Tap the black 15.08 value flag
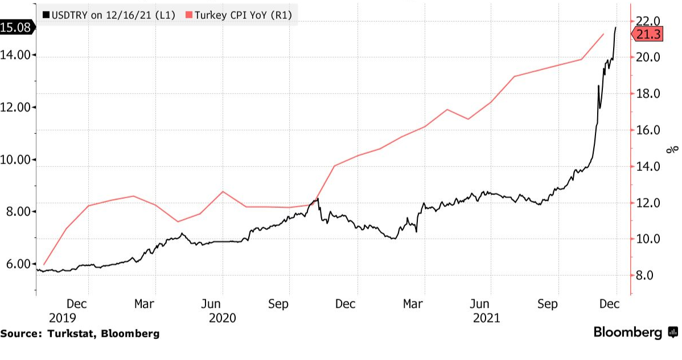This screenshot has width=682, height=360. (x=17, y=27)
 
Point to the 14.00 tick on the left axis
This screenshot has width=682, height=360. (x=17, y=55)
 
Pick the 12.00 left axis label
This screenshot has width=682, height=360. (x=17, y=108)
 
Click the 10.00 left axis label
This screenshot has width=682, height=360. (x=17, y=159)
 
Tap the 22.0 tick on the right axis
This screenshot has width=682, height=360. (x=648, y=21)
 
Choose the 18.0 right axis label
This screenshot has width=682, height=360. (x=648, y=94)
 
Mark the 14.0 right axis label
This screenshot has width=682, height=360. (x=648, y=167)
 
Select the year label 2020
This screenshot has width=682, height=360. (x=223, y=318)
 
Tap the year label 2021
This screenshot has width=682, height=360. (x=486, y=318)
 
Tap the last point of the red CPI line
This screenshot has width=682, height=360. (x=603, y=34)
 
